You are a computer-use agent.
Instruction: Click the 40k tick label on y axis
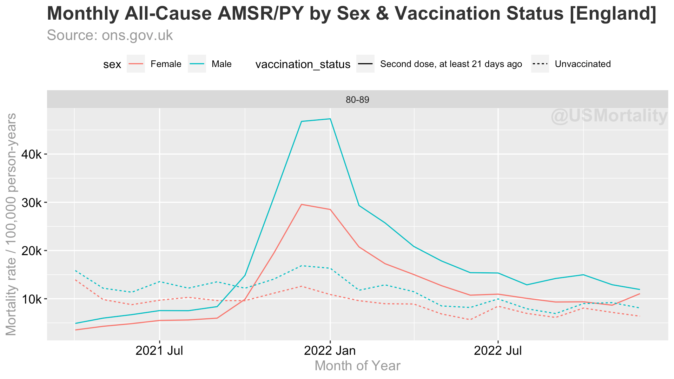tap(32, 154)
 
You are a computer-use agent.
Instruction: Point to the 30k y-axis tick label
tap(32, 203)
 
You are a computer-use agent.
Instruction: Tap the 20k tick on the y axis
tap(32, 251)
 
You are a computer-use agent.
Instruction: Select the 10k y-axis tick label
tap(32, 299)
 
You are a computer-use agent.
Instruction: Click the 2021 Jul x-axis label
tap(159, 351)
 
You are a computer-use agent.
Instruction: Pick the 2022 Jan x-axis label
tap(330, 351)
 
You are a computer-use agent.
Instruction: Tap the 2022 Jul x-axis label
tap(498, 351)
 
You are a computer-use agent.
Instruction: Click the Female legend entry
tap(166, 64)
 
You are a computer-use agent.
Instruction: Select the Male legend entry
tap(222, 64)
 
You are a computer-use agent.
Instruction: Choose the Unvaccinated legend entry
tap(583, 64)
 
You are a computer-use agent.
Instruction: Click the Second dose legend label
tap(451, 64)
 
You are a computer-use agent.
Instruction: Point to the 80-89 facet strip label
tap(357, 100)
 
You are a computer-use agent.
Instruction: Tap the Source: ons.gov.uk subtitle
tap(110, 35)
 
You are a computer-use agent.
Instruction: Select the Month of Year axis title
tap(357, 366)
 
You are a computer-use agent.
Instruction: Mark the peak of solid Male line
tap(330, 119)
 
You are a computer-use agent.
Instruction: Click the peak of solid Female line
tap(302, 204)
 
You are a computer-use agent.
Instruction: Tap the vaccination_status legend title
tap(303, 65)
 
